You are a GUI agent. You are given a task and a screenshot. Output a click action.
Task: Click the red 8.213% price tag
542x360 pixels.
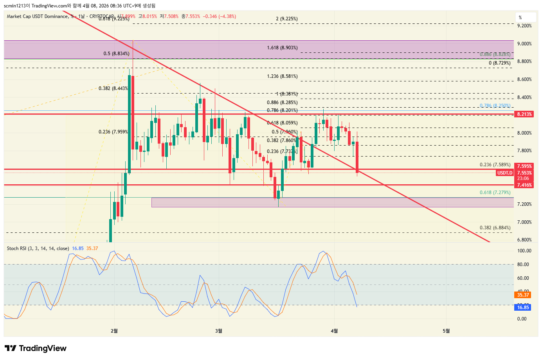click(524, 114)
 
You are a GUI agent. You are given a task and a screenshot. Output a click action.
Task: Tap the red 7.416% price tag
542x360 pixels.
click(524, 185)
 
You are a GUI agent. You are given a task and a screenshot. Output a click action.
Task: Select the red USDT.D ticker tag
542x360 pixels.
click(504, 173)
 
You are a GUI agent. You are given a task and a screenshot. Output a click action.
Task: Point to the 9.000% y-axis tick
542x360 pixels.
click(524, 44)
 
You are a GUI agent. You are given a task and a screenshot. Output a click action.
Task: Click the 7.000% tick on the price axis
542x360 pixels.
click(524, 222)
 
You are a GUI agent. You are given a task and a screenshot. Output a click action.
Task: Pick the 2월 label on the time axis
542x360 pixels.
click(114, 331)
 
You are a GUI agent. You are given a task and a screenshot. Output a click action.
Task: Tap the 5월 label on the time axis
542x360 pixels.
click(446, 331)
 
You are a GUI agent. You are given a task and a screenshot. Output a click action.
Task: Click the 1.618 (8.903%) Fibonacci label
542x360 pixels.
click(282, 48)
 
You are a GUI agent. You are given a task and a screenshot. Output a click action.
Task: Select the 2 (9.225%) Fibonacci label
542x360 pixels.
click(286, 19)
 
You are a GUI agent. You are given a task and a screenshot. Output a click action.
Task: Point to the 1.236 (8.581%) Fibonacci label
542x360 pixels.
click(282, 76)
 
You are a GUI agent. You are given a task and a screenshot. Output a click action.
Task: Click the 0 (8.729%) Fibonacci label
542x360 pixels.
click(499, 63)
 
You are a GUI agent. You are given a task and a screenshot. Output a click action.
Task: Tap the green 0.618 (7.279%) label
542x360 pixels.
click(495, 193)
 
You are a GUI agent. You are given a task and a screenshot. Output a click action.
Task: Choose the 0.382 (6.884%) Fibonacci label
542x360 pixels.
click(495, 228)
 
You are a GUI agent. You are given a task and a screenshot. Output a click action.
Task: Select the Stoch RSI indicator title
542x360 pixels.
click(38, 248)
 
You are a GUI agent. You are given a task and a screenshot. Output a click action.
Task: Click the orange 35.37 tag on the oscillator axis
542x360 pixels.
click(523, 295)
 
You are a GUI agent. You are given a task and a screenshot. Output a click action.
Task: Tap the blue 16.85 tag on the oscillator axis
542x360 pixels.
click(523, 308)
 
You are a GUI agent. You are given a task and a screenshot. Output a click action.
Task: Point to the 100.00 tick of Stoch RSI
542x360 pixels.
click(524, 251)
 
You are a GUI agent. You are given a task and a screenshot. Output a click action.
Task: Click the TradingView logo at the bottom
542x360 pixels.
click(36, 348)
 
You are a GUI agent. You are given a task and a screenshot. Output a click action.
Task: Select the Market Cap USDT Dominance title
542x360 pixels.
click(37, 16)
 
